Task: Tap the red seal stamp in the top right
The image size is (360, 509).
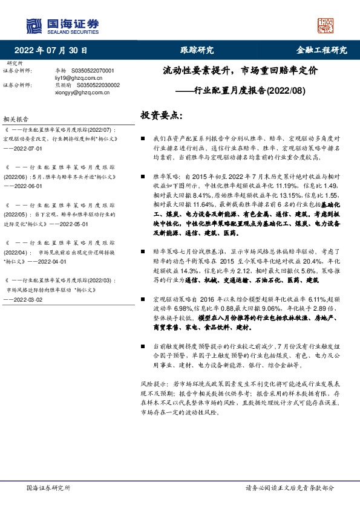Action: click(x=326, y=25)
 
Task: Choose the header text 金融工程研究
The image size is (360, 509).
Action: click(x=321, y=50)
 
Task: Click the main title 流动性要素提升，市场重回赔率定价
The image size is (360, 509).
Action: click(x=240, y=71)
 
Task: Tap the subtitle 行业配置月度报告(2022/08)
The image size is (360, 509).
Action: click(x=241, y=91)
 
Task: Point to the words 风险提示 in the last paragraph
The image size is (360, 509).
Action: click(x=152, y=384)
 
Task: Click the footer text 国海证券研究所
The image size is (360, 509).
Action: click(x=48, y=488)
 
